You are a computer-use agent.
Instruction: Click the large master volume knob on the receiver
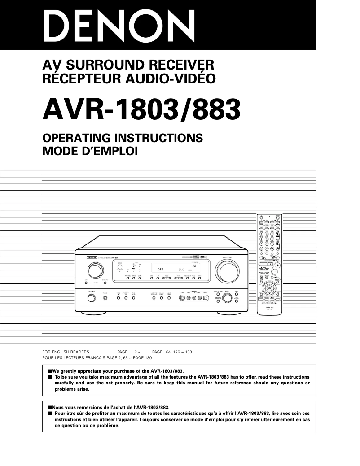click(x=228, y=271)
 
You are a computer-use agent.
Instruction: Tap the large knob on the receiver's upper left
click(x=95, y=270)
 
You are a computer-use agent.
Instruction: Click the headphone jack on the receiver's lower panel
click(x=105, y=298)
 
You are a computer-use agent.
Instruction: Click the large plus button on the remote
click(x=277, y=266)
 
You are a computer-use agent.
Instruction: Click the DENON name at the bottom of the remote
click(x=269, y=307)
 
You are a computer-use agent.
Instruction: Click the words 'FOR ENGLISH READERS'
click(x=66, y=352)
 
